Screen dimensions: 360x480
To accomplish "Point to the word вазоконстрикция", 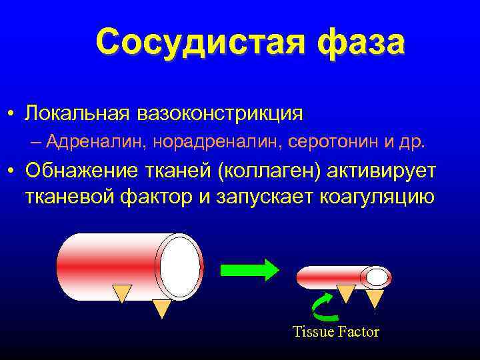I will pos(219,112).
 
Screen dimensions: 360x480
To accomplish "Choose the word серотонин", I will pos(313,141).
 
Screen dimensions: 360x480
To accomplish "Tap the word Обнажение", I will pos(83,171).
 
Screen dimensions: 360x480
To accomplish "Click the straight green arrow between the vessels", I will pos(250,269).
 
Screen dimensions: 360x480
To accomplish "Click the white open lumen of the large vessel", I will pos(180,267).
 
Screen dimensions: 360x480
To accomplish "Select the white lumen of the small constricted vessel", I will pos(376,276).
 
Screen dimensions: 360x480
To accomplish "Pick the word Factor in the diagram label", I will pos(357,332).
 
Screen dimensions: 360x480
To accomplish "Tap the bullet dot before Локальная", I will pos(12,113).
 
